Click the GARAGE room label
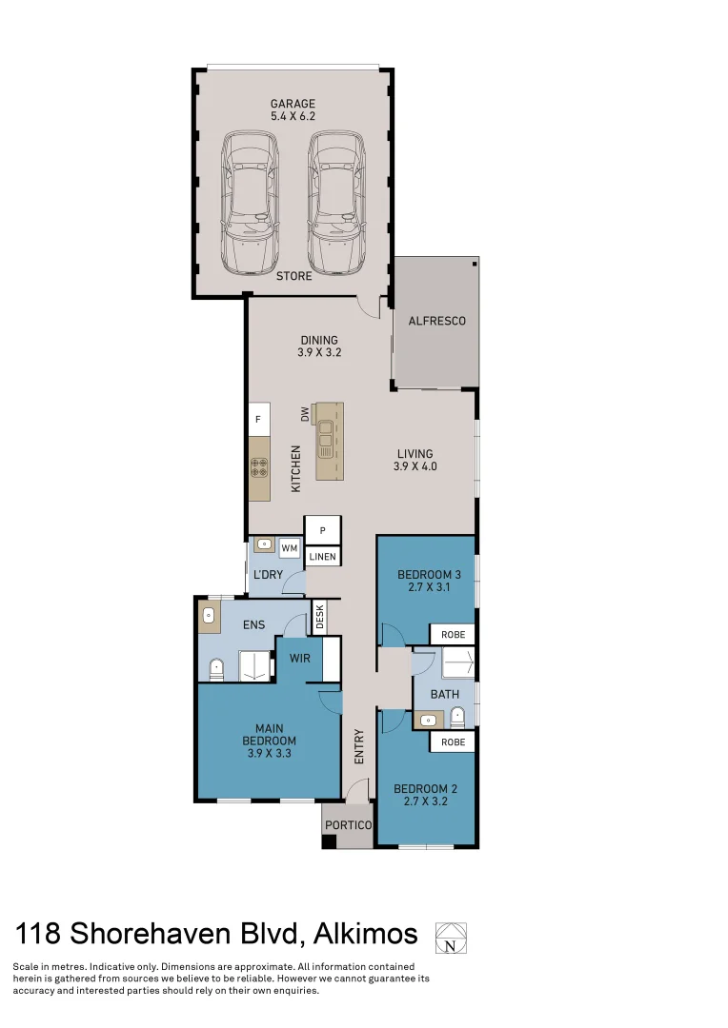(293, 104)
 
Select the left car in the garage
(250, 201)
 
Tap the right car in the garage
(336, 201)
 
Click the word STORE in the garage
(293, 276)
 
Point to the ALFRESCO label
(436, 321)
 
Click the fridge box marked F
(258, 419)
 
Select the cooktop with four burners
(258, 467)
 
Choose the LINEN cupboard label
(323, 556)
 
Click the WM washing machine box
(290, 549)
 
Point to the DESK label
(320, 619)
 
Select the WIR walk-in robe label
(299, 658)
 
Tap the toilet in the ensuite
(216, 669)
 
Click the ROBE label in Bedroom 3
(453, 634)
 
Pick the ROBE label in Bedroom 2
(453, 741)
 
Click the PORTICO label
(348, 824)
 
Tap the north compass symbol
(451, 938)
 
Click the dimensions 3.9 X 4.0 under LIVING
(415, 466)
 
